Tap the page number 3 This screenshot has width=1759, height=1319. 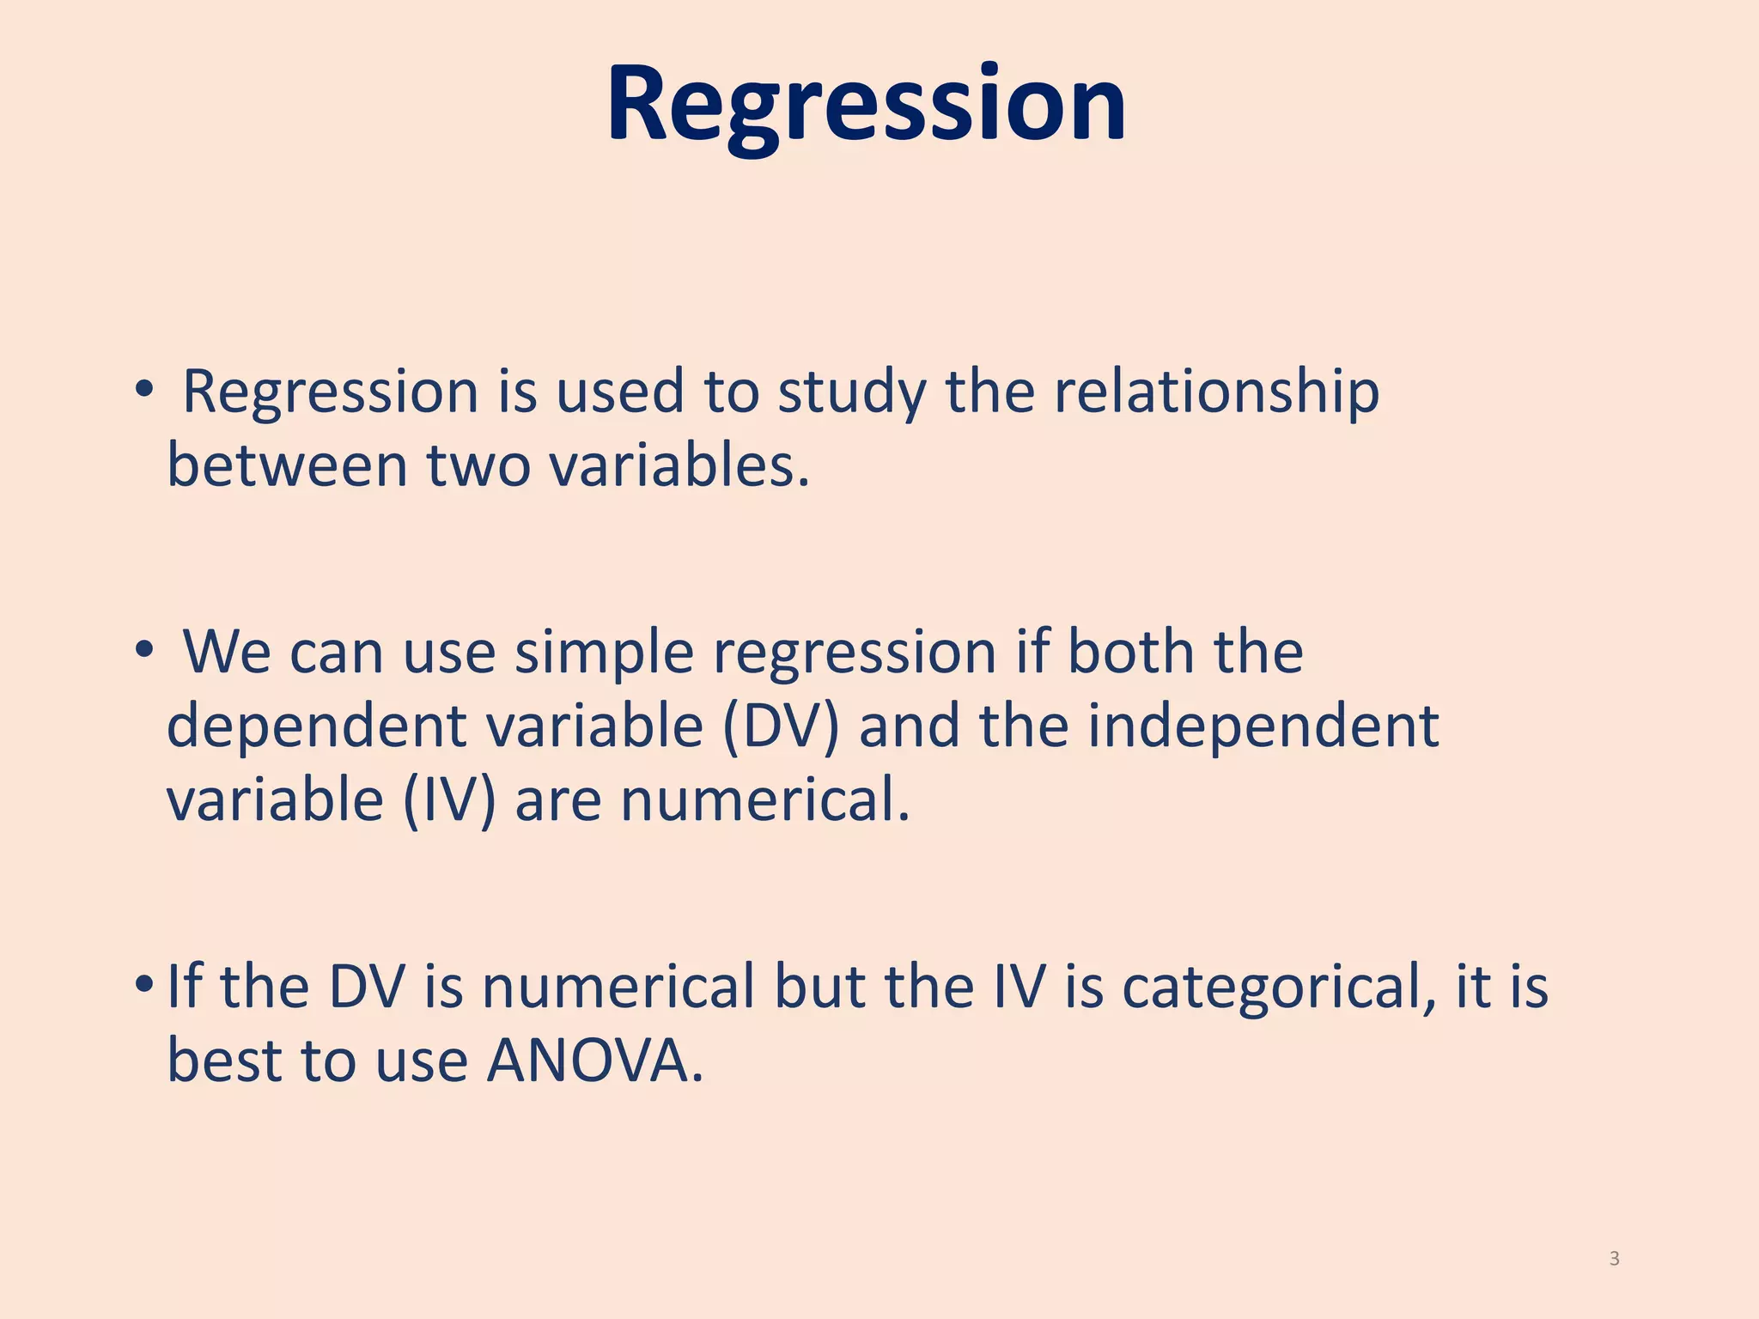1614,1259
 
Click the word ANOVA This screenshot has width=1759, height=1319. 594,1061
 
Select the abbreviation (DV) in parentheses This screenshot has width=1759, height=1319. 780,726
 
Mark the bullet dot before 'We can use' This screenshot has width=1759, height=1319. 143,648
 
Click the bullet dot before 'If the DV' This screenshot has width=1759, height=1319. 143,983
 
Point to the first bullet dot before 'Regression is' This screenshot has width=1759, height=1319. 143,389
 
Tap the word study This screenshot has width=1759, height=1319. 851,392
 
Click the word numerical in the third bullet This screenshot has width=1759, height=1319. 618,987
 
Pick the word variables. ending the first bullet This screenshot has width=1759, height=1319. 679,466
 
